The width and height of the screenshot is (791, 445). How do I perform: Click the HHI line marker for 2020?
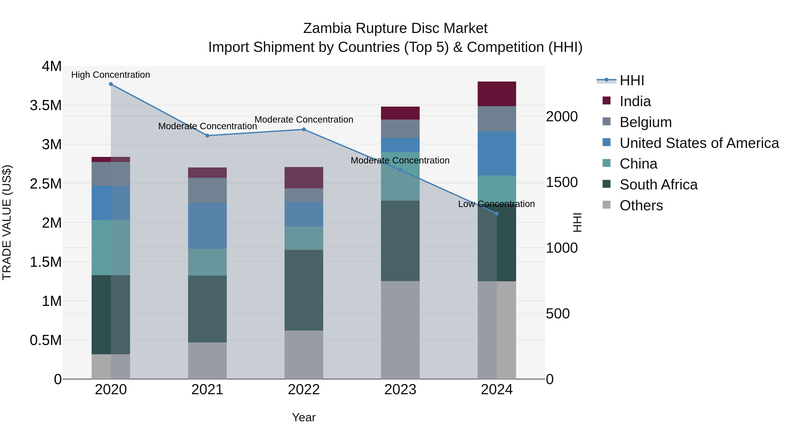pos(111,84)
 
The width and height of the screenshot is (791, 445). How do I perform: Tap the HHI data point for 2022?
pos(304,130)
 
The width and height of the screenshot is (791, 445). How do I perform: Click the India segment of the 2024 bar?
pos(497,94)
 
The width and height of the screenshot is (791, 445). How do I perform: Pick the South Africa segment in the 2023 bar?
pos(400,241)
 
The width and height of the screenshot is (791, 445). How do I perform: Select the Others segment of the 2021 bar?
pos(207,361)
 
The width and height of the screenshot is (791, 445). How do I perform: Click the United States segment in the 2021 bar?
pos(207,225)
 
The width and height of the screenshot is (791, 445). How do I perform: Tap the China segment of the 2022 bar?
pos(304,238)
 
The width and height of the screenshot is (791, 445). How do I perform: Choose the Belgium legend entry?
pos(646,122)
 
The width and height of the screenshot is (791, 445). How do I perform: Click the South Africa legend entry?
pos(658,185)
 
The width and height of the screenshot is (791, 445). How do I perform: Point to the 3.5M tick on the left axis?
pos(46,105)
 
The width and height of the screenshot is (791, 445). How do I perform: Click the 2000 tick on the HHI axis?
pos(562,117)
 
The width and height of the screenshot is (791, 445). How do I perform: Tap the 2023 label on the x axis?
pos(400,390)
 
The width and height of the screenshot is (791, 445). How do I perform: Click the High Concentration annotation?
pos(111,75)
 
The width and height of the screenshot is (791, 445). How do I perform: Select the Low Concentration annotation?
pos(496,204)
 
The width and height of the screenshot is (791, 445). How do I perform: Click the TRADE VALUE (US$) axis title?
pos(7,222)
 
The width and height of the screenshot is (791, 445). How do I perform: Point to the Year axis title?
pos(304,417)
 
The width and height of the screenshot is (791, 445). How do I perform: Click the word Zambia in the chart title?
pos(327,28)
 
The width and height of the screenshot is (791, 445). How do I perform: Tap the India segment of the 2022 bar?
pos(304,178)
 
